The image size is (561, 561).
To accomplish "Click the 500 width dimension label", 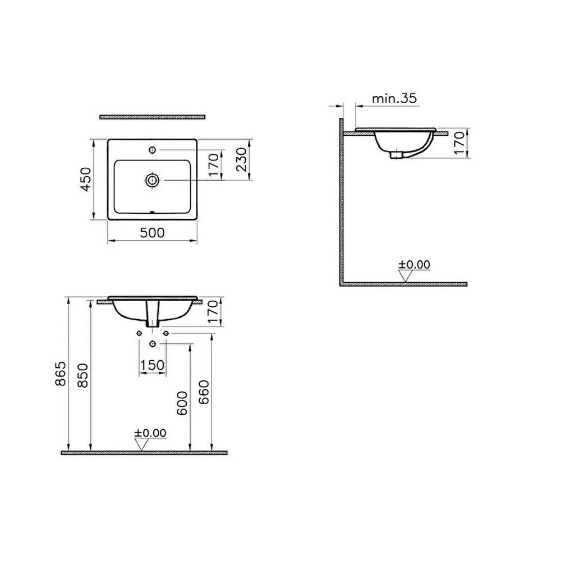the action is (152, 233).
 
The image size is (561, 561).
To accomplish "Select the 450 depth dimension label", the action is (86, 180).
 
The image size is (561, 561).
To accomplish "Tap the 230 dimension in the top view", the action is (242, 159).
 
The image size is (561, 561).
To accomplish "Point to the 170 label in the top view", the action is (213, 165).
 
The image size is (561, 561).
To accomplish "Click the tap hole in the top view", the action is (153, 150).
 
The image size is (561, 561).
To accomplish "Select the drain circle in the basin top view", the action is (153, 180).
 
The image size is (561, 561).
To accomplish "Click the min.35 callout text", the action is (394, 98).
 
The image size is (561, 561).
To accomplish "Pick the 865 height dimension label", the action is (61, 374).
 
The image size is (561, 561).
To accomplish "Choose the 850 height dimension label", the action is (82, 375).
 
